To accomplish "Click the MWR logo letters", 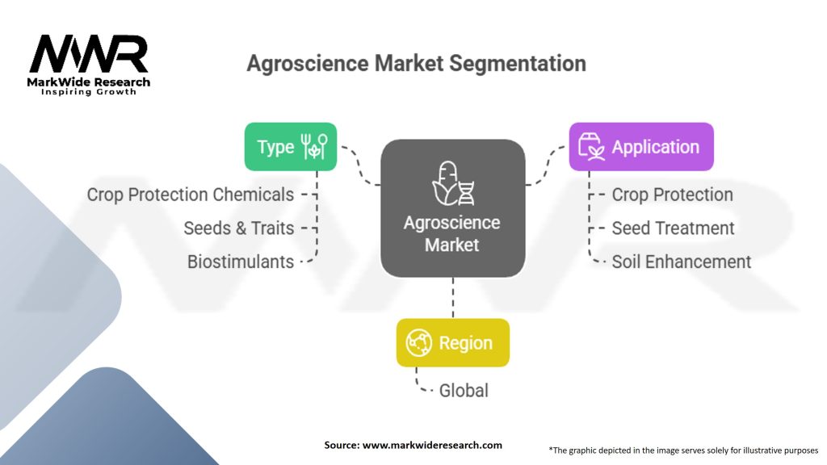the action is [x=89, y=54].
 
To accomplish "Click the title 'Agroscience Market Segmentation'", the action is [x=416, y=64].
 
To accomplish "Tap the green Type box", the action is [x=290, y=147].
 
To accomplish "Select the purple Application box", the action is [x=641, y=147].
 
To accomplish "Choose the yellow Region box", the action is [x=452, y=343].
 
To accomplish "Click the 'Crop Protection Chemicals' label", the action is [x=191, y=195].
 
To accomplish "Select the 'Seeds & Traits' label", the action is [x=239, y=228].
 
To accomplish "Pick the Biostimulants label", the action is [x=241, y=262].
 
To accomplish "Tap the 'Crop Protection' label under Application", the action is [x=672, y=195].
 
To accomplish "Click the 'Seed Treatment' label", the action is [x=673, y=228].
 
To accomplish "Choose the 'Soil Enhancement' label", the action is [x=681, y=262].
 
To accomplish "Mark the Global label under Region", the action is [x=464, y=391].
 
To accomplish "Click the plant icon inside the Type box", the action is [x=314, y=147].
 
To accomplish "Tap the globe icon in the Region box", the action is [x=419, y=343].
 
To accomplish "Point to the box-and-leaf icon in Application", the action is [x=592, y=147].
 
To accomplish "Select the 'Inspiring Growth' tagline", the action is [x=89, y=92].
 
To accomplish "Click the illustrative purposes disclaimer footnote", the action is [x=683, y=450].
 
